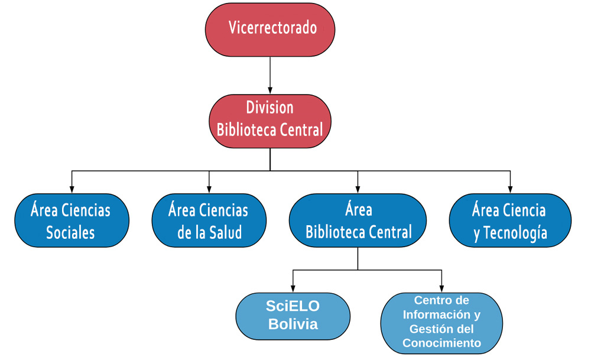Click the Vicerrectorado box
(x=270, y=29)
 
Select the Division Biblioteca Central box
(x=270, y=119)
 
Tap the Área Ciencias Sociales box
(x=72, y=220)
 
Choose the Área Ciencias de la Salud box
(x=209, y=220)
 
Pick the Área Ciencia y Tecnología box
(x=509, y=220)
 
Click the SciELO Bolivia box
(x=293, y=316)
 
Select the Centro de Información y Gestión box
(x=441, y=322)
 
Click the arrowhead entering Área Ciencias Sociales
(x=72, y=189)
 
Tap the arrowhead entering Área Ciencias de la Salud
(x=209, y=189)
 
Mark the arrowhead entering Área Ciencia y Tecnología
(x=510, y=189)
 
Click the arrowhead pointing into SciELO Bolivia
(x=293, y=288)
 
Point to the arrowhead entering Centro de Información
(x=441, y=288)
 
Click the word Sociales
(x=70, y=232)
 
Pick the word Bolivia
(x=293, y=325)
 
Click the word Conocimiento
(x=441, y=343)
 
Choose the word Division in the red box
(x=270, y=108)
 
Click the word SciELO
(x=293, y=306)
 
